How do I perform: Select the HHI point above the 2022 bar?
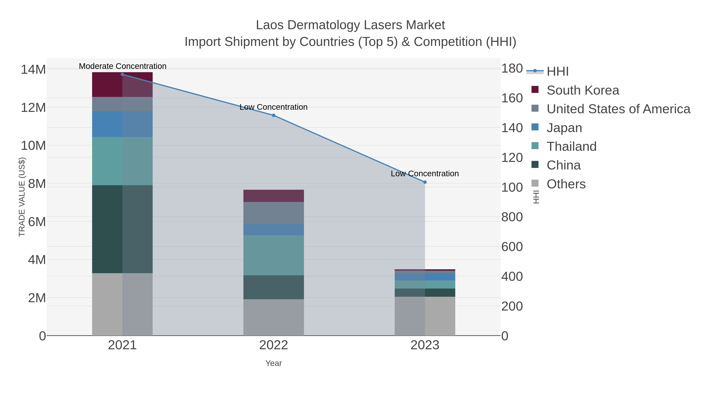click(274, 115)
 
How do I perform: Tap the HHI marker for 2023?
click(425, 182)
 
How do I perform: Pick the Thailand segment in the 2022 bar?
click(274, 255)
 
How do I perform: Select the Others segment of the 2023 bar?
click(425, 316)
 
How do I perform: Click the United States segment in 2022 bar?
click(274, 213)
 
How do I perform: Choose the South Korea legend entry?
click(583, 90)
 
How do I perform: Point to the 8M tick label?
click(37, 184)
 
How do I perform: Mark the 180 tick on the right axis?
click(512, 68)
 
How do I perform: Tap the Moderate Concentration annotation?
click(122, 66)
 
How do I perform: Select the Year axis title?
click(274, 363)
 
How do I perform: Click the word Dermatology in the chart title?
click(325, 25)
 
